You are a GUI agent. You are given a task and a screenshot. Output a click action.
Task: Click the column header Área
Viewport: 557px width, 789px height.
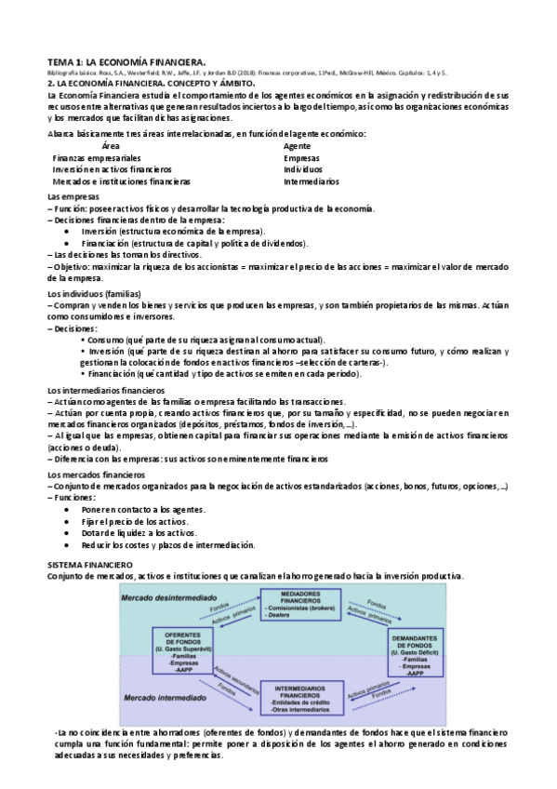(110, 146)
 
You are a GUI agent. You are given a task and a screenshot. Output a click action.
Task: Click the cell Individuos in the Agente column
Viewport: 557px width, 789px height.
(303, 170)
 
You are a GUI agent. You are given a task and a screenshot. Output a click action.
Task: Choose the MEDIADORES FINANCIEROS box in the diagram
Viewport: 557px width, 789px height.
(299, 608)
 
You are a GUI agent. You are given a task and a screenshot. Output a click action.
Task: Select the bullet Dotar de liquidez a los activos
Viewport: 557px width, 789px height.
(137, 534)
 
